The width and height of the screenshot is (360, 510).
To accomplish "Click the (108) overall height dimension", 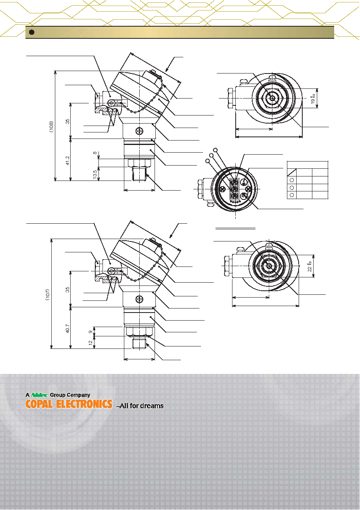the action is pyautogui.click(x=52, y=126).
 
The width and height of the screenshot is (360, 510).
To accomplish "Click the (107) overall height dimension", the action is pyautogui.click(x=48, y=295).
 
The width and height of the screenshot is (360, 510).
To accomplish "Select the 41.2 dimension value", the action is pyautogui.click(x=67, y=161).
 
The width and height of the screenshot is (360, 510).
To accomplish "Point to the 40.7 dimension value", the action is pyautogui.click(x=67, y=329).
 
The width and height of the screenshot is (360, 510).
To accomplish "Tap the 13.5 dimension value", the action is pyautogui.click(x=95, y=174).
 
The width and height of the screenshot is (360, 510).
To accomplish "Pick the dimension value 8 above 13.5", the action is pyautogui.click(x=95, y=153).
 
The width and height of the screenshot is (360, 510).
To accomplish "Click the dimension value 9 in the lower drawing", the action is pyautogui.click(x=91, y=332).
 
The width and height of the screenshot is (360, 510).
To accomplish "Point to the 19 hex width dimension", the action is pyautogui.click(x=314, y=100).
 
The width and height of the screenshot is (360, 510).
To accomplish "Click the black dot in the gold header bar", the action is pyautogui.click(x=31, y=32).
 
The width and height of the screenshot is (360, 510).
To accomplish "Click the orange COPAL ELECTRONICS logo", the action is pyautogui.click(x=69, y=404).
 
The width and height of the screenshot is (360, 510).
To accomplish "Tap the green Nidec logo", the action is pyautogui.click(x=40, y=395).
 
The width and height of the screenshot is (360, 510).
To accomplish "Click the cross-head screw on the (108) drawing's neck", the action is pyautogui.click(x=139, y=131).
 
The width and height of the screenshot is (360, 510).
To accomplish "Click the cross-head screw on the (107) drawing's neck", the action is pyautogui.click(x=139, y=299).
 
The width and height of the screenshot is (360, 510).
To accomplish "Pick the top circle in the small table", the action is pyautogui.click(x=292, y=180).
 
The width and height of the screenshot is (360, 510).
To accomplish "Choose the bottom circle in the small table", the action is pyautogui.click(x=292, y=195).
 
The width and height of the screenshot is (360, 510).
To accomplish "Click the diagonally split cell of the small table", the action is pyautogui.click(x=292, y=172).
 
